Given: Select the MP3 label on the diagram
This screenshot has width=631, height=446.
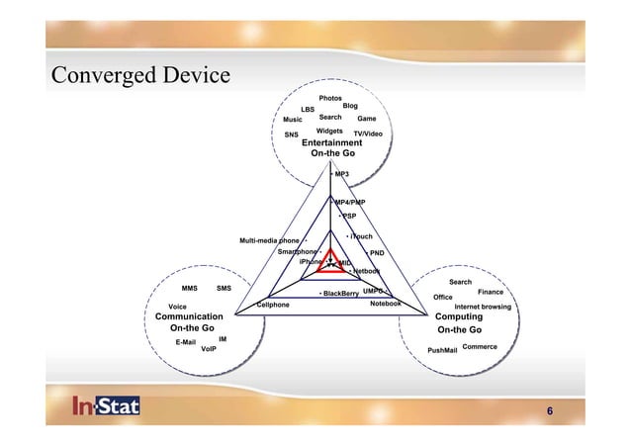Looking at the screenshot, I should (x=341, y=174).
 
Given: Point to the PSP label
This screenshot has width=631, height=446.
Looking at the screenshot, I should (x=348, y=216).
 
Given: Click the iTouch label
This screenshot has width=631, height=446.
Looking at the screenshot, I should (x=361, y=237).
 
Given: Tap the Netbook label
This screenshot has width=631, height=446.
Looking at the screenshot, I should (x=367, y=271).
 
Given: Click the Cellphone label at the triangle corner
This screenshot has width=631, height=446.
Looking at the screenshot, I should (x=273, y=306).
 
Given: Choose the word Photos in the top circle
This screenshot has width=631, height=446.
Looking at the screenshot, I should (x=330, y=99).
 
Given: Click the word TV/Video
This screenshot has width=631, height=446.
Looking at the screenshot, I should (x=368, y=134).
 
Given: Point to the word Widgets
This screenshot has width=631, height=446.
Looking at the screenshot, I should (x=329, y=131).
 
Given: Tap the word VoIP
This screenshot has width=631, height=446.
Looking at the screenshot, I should (x=209, y=349).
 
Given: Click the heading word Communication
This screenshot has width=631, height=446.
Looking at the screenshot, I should (x=195, y=316).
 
